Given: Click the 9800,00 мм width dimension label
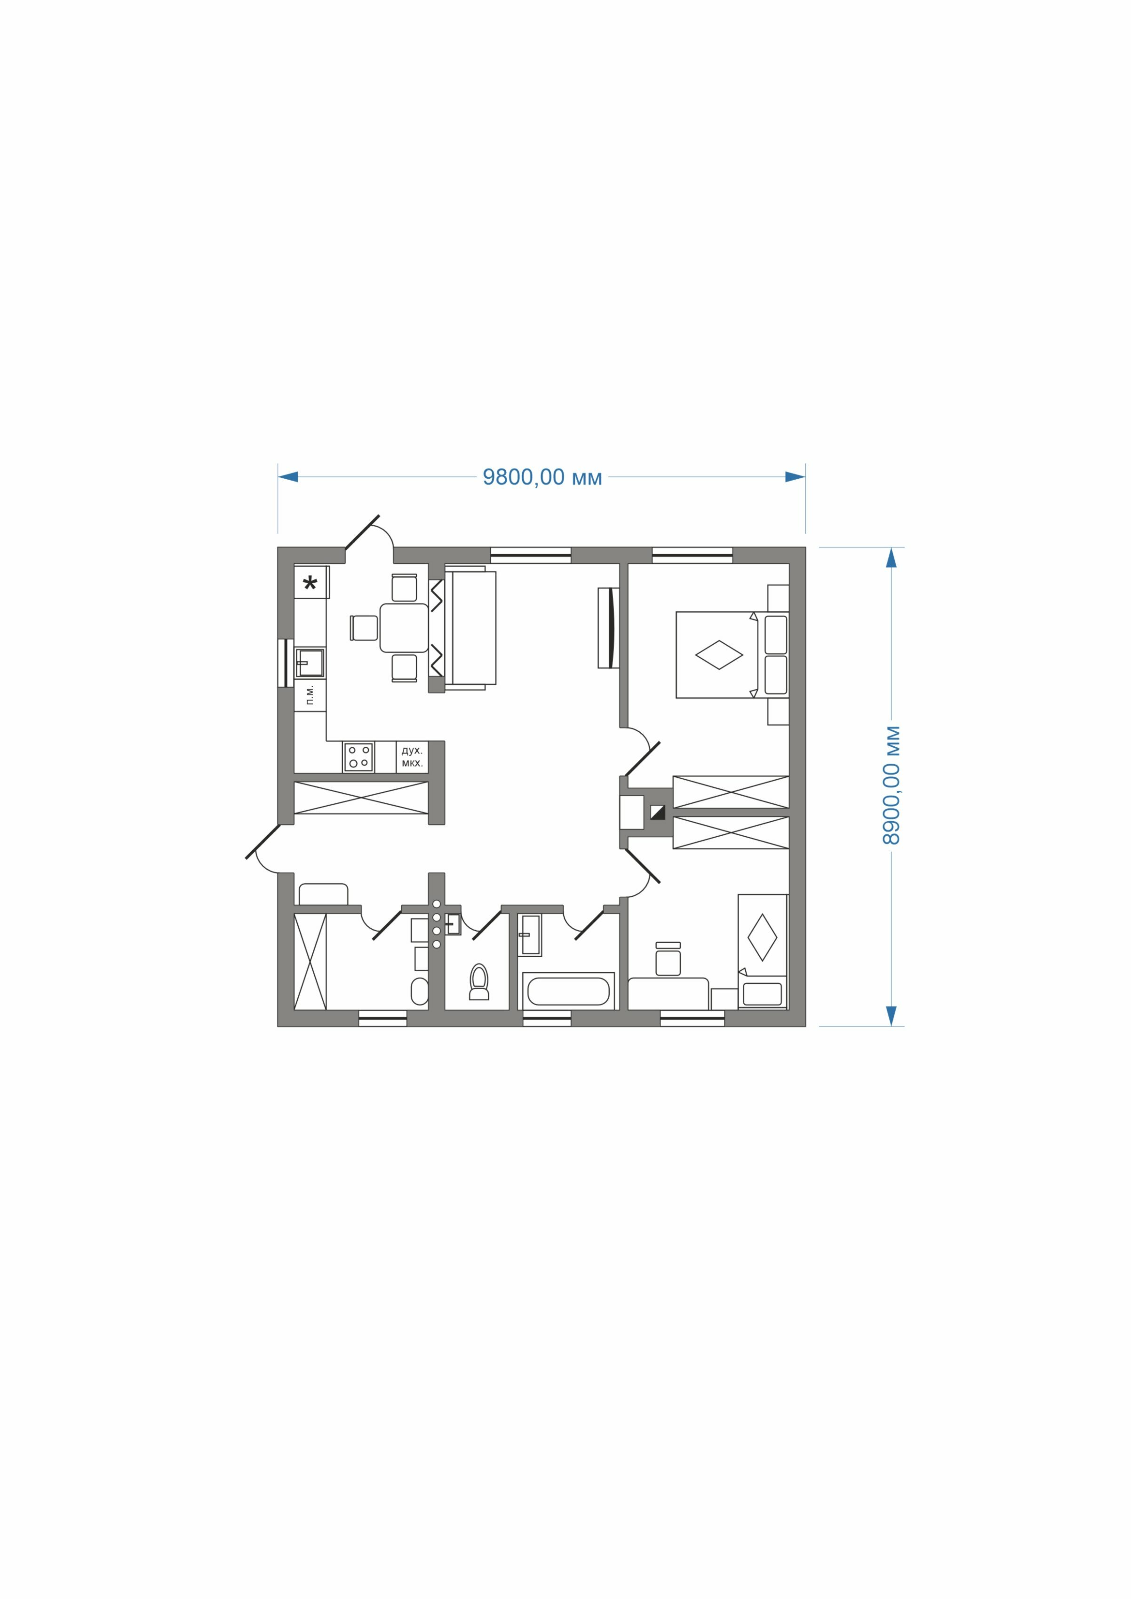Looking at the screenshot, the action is (542, 477).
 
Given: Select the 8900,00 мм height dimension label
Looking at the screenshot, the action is (891, 785).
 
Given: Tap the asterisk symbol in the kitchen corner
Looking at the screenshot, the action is (310, 583).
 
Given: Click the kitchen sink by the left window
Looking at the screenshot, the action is (310, 663).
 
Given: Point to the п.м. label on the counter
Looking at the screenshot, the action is (310, 695).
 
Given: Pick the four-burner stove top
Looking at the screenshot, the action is (358, 757).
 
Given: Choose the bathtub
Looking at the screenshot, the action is (568, 990).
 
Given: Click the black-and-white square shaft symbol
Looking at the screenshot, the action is (658, 812).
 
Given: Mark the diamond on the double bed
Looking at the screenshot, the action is (719, 655).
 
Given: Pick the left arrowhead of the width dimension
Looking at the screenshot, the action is (288, 477).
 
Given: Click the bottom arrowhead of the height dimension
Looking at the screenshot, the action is (891, 1016).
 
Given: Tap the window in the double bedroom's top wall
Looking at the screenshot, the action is (692, 555).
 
